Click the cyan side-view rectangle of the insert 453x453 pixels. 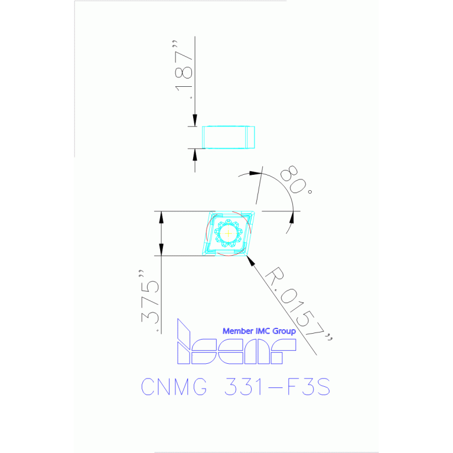(229, 138)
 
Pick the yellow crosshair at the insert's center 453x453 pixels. (229, 234)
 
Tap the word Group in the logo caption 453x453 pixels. (283, 331)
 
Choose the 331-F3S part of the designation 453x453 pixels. (276, 387)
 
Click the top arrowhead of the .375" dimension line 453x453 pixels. (161, 216)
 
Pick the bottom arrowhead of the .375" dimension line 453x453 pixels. (161, 250)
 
